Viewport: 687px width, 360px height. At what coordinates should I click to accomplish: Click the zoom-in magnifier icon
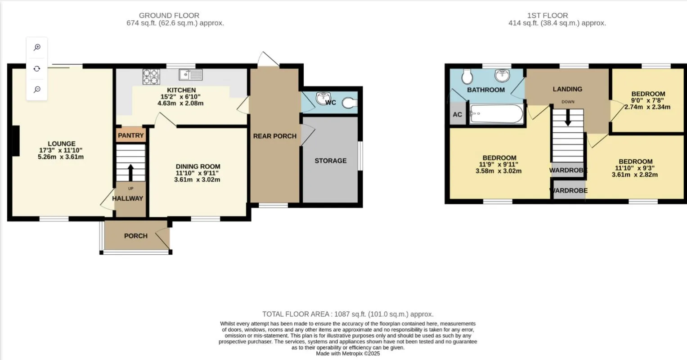(x=37, y=47)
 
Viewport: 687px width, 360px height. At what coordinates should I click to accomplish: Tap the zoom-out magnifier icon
(x=37, y=90)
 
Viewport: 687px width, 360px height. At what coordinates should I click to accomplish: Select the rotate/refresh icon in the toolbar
(x=37, y=68)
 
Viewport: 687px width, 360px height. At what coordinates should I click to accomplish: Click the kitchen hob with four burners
(x=152, y=76)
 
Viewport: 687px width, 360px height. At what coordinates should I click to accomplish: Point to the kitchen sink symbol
(x=191, y=74)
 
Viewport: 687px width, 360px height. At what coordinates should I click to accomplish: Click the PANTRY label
(x=131, y=135)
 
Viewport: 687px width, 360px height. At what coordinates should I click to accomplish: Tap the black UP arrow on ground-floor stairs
(x=130, y=171)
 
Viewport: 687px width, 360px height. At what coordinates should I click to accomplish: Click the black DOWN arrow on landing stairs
(x=568, y=118)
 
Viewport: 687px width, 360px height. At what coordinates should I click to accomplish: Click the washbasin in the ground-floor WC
(x=322, y=98)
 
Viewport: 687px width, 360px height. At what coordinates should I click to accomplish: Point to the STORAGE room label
(x=330, y=161)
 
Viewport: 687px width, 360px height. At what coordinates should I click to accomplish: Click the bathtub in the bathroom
(x=496, y=114)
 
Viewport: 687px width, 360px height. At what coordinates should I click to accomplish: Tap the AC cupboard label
(x=457, y=114)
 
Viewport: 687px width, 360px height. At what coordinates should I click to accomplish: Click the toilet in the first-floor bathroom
(x=467, y=76)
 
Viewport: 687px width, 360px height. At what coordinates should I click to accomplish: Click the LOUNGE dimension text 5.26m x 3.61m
(x=62, y=157)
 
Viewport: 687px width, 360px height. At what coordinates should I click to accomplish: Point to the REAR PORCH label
(x=274, y=136)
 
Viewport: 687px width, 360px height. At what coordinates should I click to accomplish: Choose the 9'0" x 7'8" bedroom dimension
(x=648, y=100)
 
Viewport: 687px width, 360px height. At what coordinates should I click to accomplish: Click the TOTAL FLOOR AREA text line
(x=348, y=314)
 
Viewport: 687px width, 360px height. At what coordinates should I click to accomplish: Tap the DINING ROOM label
(x=198, y=166)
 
